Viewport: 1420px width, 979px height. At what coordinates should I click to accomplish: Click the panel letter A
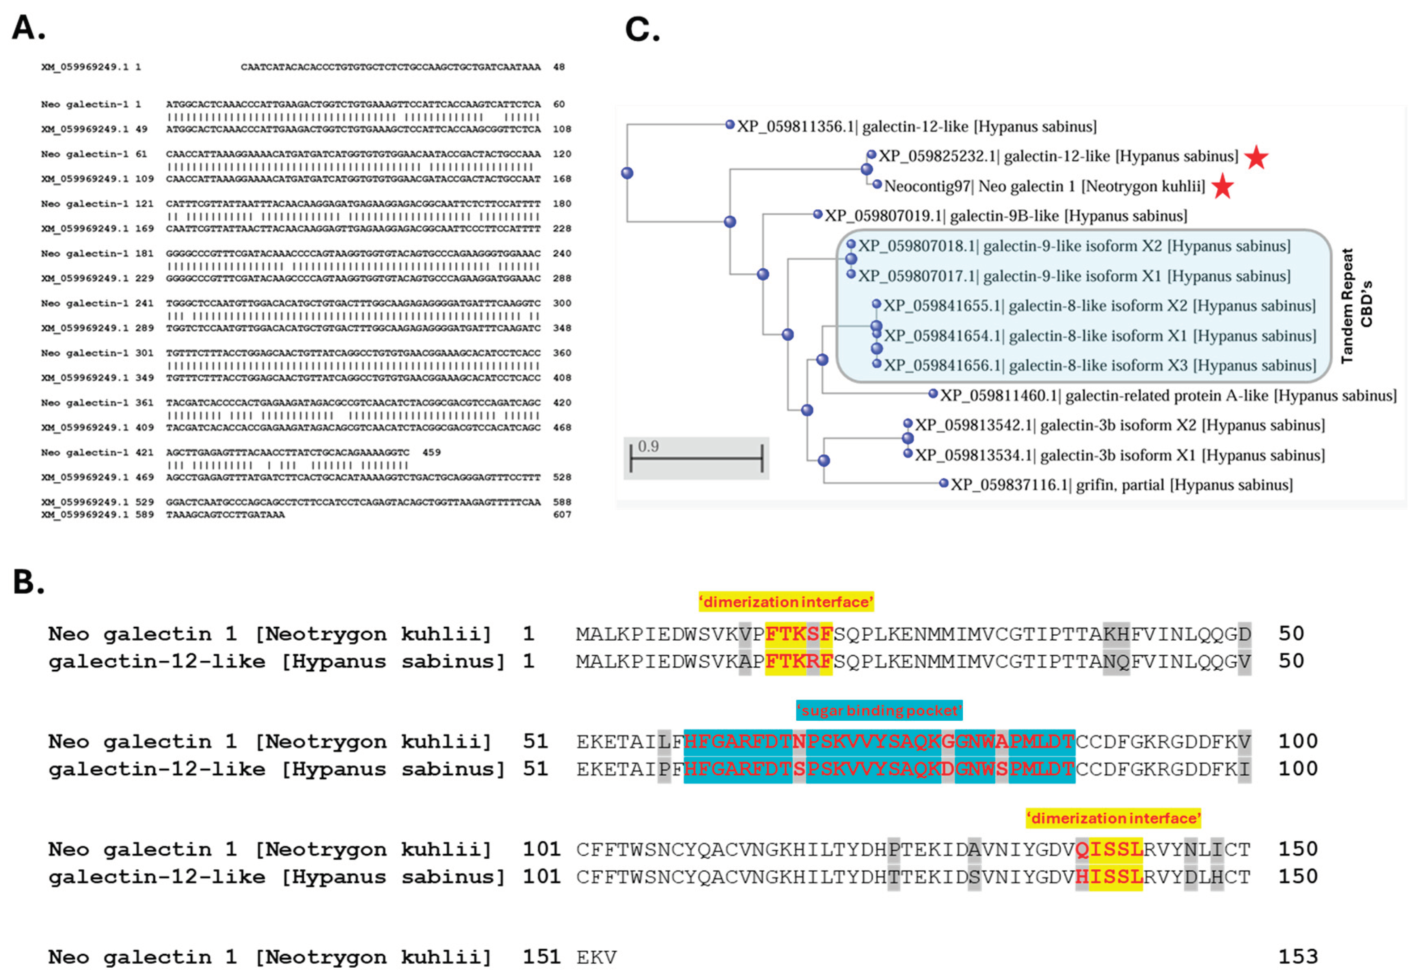[x=28, y=28]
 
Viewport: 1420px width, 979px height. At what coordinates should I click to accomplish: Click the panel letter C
[x=642, y=30]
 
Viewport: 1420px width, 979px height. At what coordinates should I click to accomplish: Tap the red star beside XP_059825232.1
[x=1256, y=157]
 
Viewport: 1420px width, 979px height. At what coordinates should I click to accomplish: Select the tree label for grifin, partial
[x=1121, y=485]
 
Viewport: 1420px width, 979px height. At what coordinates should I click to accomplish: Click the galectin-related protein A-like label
[x=1168, y=396]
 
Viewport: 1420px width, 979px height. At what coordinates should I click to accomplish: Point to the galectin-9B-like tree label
[x=1006, y=216]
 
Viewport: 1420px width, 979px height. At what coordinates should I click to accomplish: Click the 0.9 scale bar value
[x=648, y=446]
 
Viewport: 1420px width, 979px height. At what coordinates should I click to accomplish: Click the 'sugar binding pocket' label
[x=879, y=710]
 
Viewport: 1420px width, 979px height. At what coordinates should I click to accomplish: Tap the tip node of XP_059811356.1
[x=730, y=125]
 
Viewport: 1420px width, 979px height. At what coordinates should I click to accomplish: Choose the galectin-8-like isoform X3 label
[x=1099, y=366]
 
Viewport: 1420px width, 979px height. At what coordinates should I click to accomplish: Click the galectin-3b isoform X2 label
[x=1120, y=425]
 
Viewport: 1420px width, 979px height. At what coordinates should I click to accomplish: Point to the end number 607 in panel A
[x=562, y=515]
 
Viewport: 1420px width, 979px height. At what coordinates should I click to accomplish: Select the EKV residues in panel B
[x=596, y=957]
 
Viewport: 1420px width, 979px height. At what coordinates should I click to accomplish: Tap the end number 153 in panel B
[x=1297, y=956]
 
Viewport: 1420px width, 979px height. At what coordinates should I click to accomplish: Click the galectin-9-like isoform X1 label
[x=1074, y=276]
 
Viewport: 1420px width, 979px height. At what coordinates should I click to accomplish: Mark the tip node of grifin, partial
[x=944, y=483]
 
